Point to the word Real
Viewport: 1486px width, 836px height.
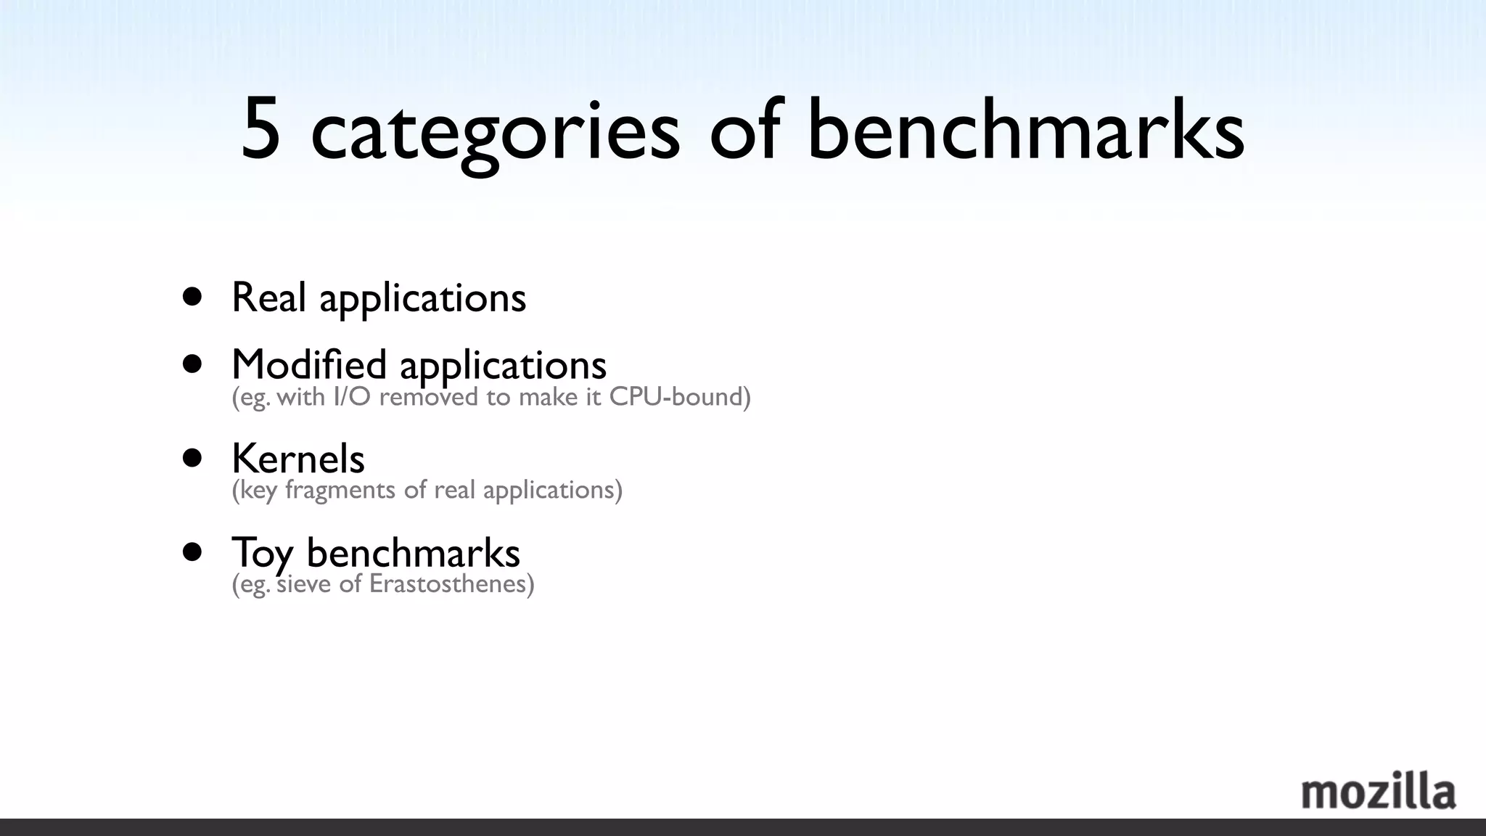(268, 298)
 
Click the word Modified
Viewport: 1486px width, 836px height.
(309, 364)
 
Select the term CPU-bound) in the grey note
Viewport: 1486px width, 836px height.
(680, 397)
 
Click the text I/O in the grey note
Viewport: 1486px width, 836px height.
(352, 397)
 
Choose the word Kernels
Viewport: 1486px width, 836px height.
(298, 459)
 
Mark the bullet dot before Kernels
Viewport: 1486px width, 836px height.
(192, 458)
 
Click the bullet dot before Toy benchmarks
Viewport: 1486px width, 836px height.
(192, 552)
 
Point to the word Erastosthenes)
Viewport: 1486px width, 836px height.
(451, 583)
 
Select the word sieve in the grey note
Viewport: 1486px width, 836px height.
(305, 583)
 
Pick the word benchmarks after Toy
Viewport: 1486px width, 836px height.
(413, 553)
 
